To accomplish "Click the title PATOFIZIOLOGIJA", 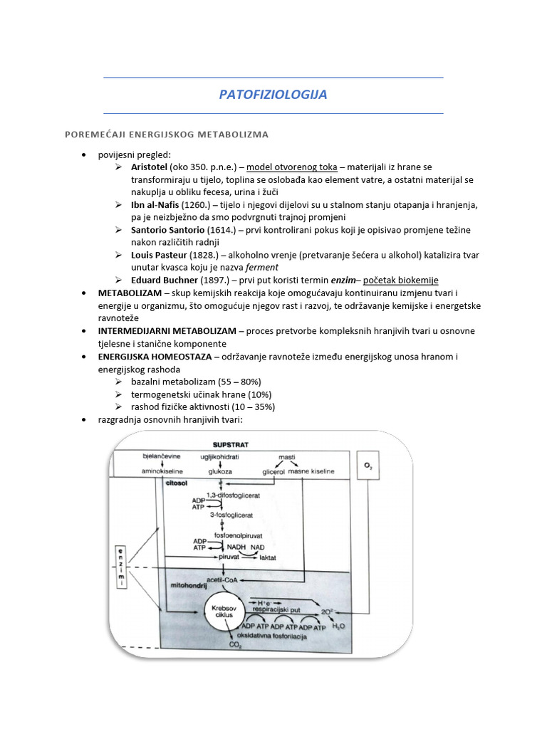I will click(273, 95).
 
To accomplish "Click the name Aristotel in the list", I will click(150, 167).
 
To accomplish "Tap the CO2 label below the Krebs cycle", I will click(234, 645).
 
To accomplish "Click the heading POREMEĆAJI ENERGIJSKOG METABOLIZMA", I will click(167, 134).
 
